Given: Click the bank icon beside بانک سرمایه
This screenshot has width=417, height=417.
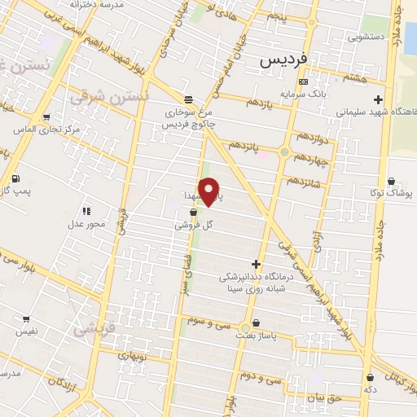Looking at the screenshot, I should point(303,81).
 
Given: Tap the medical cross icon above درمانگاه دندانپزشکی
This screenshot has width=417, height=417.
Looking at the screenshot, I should point(256,264).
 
